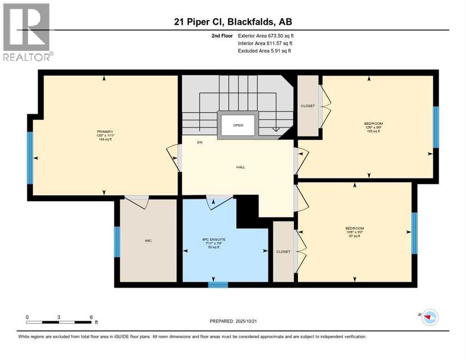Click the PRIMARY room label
coord(105,132)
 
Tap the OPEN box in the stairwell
coord(238,125)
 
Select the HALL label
coord(241,167)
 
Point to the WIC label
coord(148,240)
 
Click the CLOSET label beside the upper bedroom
coord(308,106)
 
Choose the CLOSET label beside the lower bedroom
coord(283,252)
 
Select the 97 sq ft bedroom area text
coord(355,236)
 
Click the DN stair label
coord(199,142)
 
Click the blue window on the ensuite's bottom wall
coord(218,285)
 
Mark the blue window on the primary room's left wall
coord(30,157)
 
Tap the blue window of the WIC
coord(117,242)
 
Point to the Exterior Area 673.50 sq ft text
coord(266,36)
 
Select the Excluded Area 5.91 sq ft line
coord(264,51)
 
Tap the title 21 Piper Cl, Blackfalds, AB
coord(233,22)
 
